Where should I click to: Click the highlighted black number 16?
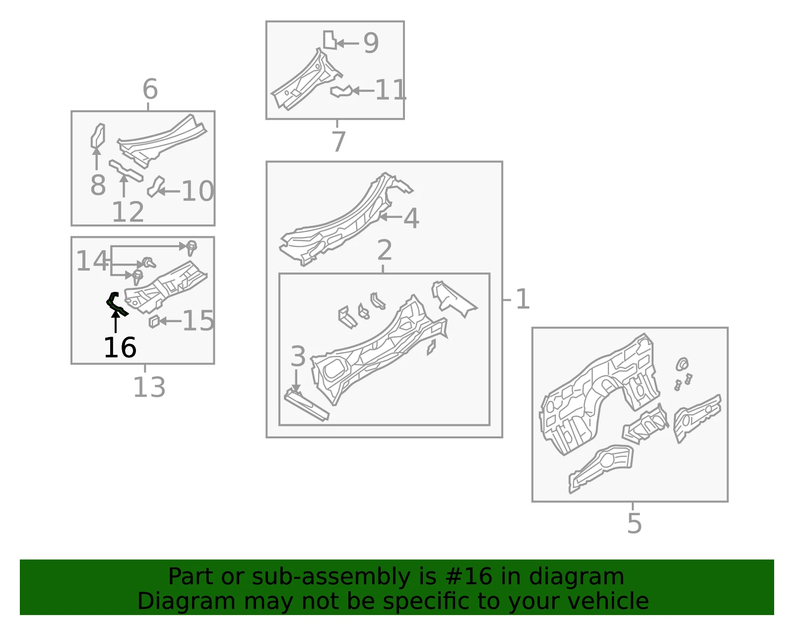point(120,347)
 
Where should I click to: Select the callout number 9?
point(371,43)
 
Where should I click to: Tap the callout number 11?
point(391,89)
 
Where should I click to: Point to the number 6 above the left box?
point(150,89)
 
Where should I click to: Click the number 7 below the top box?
point(338,141)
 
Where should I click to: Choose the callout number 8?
point(98,185)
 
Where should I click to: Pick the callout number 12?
point(128,211)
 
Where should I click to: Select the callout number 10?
point(198,191)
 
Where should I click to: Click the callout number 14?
point(92,261)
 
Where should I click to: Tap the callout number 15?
point(198,321)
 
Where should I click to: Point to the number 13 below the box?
point(149,387)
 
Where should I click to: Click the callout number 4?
point(411,218)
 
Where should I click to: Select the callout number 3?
point(298,356)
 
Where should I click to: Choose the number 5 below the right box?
point(635,524)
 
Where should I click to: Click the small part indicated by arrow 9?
point(330,40)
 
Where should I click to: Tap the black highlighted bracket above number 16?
point(116,304)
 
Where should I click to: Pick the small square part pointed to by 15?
point(154,321)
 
